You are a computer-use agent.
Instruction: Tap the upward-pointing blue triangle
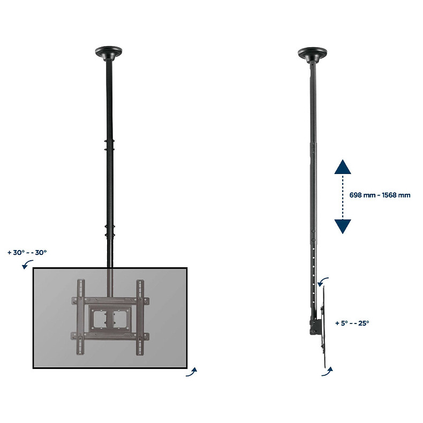343,168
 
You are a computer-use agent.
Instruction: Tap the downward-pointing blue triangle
343,226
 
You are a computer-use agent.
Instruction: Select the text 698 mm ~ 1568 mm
380,195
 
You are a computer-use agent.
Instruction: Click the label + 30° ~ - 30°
27,252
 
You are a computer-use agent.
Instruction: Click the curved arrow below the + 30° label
26,265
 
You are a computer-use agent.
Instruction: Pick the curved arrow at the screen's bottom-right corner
192,373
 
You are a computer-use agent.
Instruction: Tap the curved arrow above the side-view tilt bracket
323,282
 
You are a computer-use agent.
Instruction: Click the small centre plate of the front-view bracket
110,319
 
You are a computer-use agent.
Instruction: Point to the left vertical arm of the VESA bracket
81,318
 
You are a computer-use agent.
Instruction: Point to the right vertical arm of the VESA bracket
140,318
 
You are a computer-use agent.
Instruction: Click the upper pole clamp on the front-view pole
110,146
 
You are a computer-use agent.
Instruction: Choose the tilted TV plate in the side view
324,327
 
